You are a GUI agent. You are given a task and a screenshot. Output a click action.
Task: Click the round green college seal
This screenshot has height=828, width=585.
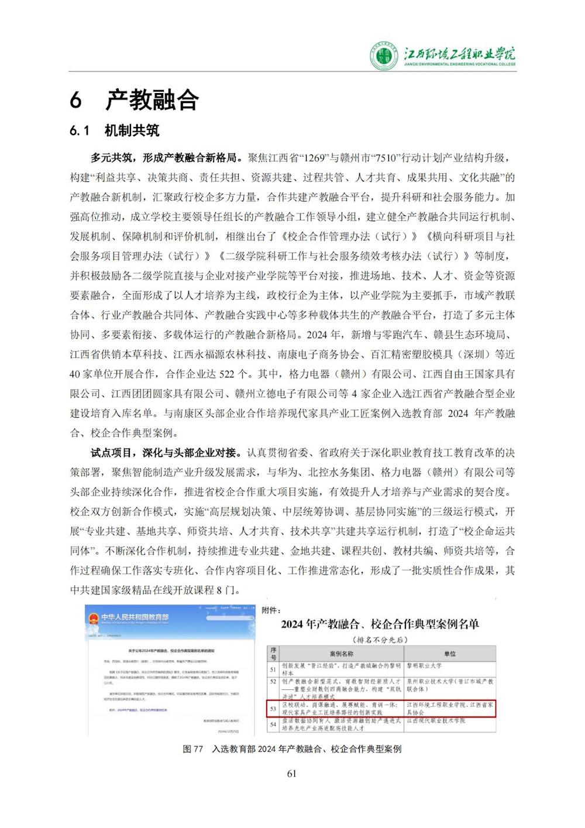[383, 57]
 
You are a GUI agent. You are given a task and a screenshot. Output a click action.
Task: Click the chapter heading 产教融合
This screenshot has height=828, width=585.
[152, 99]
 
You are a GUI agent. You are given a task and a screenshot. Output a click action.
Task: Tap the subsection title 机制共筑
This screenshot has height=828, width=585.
[132, 130]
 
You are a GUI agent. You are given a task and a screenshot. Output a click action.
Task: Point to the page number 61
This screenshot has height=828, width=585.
[292, 774]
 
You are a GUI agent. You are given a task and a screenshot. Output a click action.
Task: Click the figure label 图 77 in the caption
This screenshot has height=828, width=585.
[192, 749]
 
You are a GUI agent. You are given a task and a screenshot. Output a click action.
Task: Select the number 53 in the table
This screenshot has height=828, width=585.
[273, 709]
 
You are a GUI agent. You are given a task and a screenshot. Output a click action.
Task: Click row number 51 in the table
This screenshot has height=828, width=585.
[273, 669]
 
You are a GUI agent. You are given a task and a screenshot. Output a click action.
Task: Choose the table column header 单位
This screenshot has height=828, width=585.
[450, 654]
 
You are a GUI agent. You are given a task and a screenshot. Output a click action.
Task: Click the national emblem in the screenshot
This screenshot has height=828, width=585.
[94, 618]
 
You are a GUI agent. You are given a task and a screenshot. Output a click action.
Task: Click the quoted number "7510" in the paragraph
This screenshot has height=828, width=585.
[388, 158]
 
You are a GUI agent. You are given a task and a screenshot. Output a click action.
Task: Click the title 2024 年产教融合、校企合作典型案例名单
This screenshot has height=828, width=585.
[380, 624]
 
